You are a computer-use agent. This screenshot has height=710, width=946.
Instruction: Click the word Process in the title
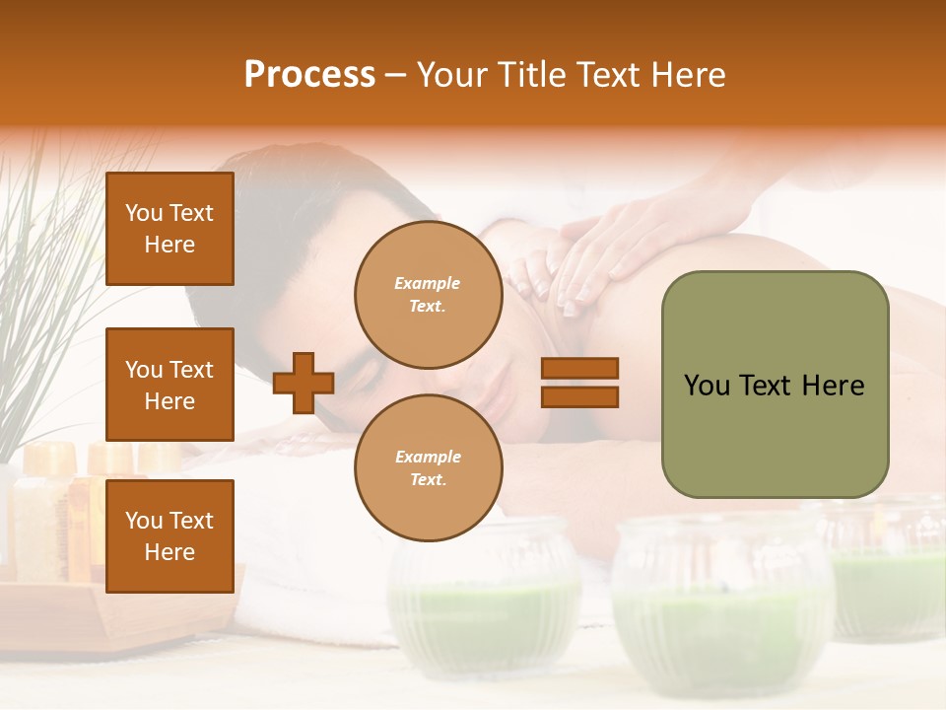[x=309, y=75]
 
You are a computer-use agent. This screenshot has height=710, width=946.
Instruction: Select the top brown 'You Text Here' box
[x=169, y=229]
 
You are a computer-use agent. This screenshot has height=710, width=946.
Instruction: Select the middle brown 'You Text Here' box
[x=169, y=385]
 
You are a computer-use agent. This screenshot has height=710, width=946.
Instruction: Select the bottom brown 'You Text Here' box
[x=169, y=535]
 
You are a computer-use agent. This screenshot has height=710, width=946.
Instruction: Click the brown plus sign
[x=304, y=383]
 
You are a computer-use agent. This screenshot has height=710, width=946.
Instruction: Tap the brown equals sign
[x=579, y=383]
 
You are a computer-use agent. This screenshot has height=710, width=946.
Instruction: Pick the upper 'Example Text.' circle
[x=428, y=294]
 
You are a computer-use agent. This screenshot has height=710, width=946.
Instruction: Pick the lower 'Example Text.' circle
[x=428, y=467]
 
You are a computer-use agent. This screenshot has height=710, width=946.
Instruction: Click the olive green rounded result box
[x=775, y=385]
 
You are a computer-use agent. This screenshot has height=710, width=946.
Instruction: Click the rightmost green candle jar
[x=887, y=572]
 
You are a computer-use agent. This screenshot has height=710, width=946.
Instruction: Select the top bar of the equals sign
[x=579, y=369]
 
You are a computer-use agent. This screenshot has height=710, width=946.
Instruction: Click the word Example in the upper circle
[x=428, y=283]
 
